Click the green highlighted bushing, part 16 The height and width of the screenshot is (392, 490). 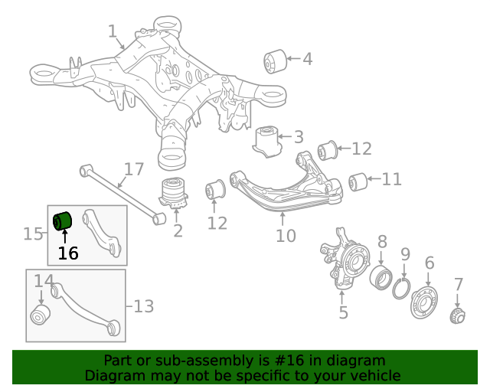coord(62,221)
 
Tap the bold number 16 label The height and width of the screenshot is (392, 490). coord(68,253)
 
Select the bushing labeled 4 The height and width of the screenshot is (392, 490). coord(275,61)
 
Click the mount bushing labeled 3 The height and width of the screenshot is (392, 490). coord(267,142)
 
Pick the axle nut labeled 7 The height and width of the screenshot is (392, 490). coord(458,315)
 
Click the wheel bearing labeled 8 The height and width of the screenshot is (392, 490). coord(381,277)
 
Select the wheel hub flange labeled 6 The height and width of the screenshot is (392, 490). coord(424,302)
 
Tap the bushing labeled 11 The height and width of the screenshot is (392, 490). coord(358,182)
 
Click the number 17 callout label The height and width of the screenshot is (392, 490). coord(134,169)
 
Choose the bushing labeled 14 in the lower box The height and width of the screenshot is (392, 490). coord(41,314)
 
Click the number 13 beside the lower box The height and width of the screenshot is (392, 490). coord(144,307)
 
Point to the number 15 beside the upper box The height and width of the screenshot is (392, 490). coord(33,234)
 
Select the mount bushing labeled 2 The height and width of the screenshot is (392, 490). coord(174,193)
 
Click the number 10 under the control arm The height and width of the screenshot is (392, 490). coord(286,236)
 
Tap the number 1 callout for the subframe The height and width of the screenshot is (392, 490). coord(113,31)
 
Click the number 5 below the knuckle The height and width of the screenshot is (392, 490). coord(344,312)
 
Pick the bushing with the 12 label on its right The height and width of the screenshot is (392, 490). coord(328,151)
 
